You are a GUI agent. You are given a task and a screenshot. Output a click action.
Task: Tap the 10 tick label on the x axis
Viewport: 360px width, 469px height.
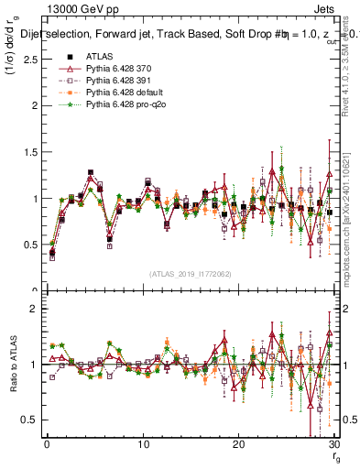143,444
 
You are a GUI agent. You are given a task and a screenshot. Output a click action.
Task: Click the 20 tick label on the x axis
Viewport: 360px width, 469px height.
238,444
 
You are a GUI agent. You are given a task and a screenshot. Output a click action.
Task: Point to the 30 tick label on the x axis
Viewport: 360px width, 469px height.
333,444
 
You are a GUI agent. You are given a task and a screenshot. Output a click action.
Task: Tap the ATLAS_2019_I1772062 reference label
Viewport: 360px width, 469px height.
190,274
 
